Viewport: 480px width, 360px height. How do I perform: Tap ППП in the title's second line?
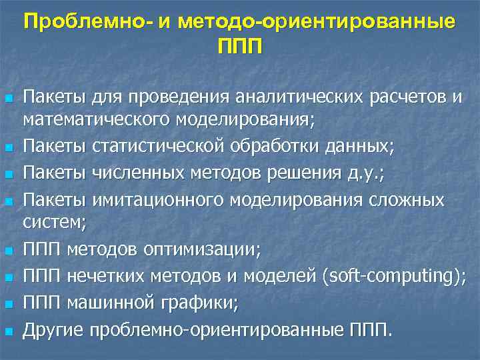tap(240, 47)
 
